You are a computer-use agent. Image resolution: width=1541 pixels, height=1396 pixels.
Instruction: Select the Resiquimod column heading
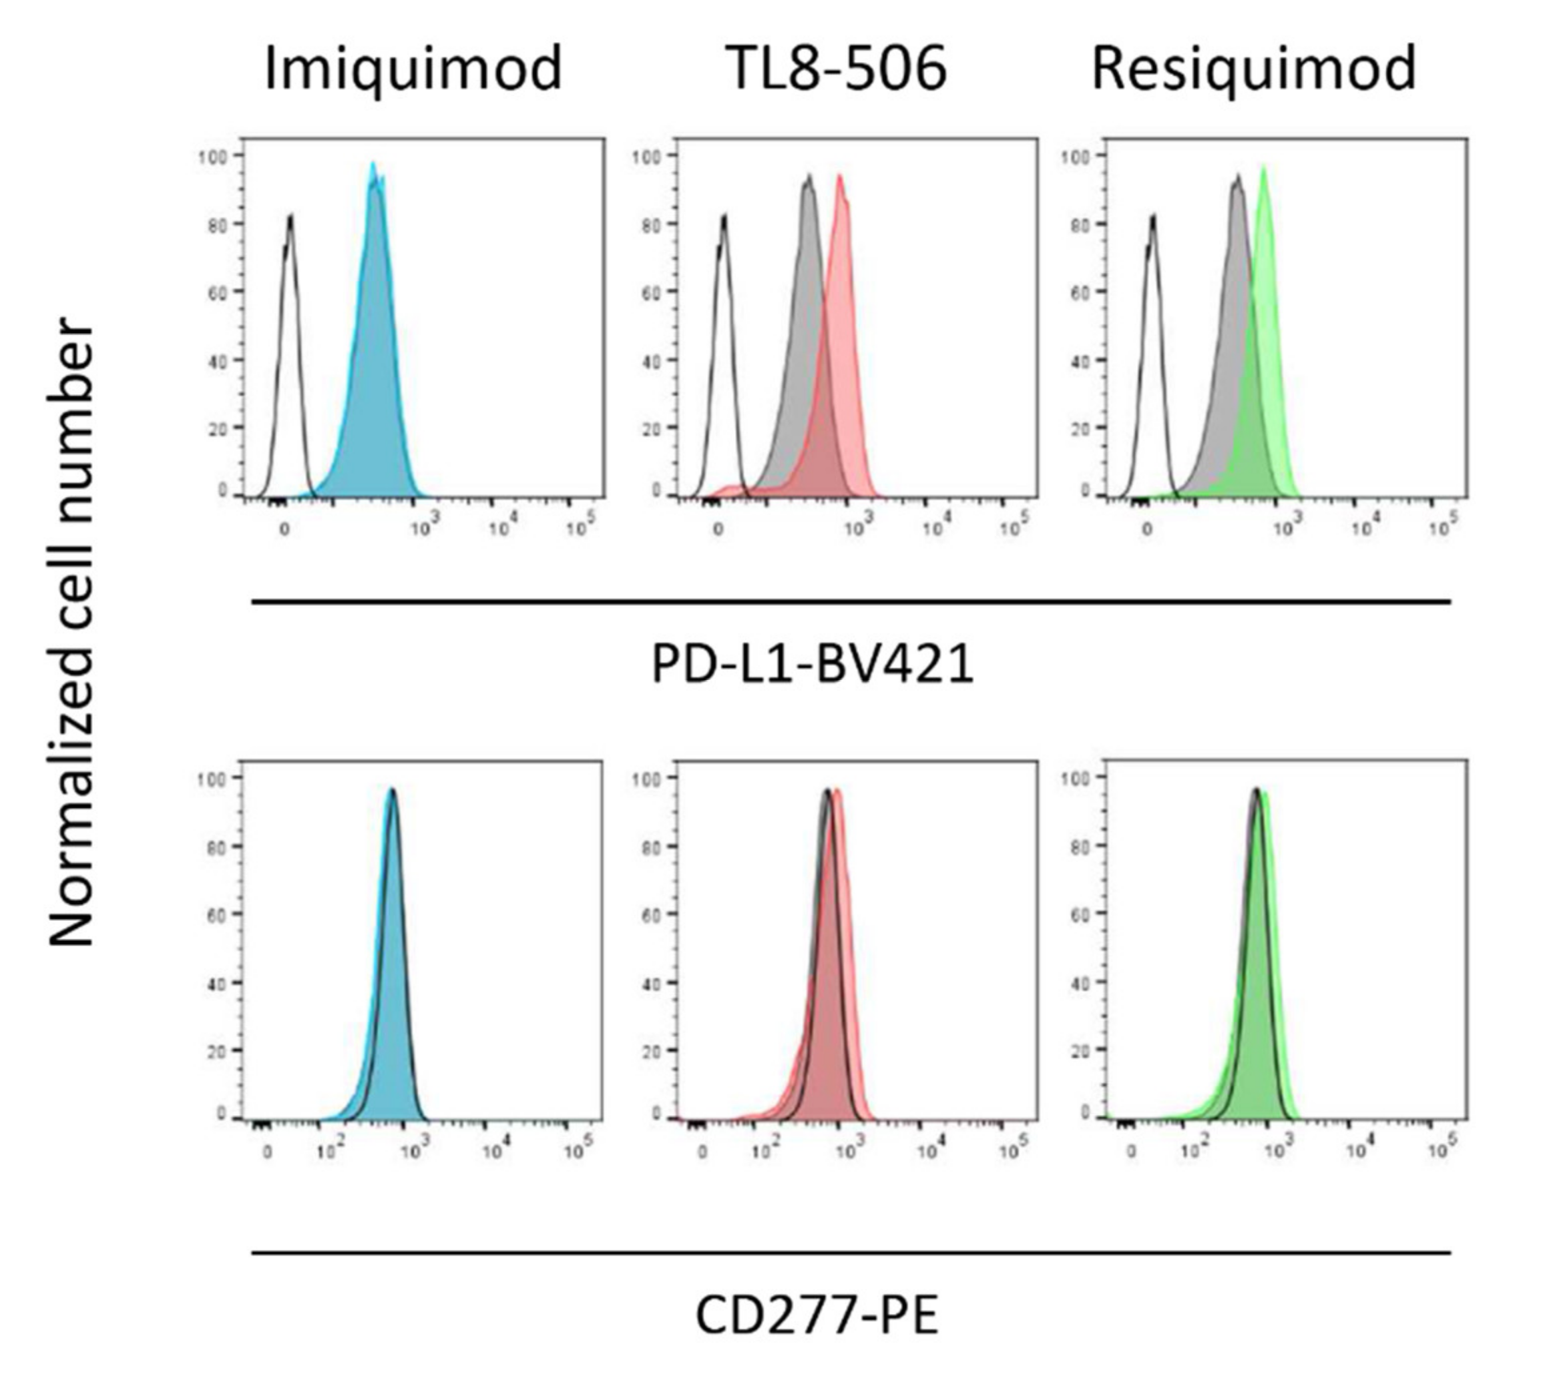point(1254,69)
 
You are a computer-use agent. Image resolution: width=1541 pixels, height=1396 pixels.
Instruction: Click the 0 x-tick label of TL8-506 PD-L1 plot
point(718,528)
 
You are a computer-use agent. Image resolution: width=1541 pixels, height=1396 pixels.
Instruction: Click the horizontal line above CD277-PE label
point(851,1253)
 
